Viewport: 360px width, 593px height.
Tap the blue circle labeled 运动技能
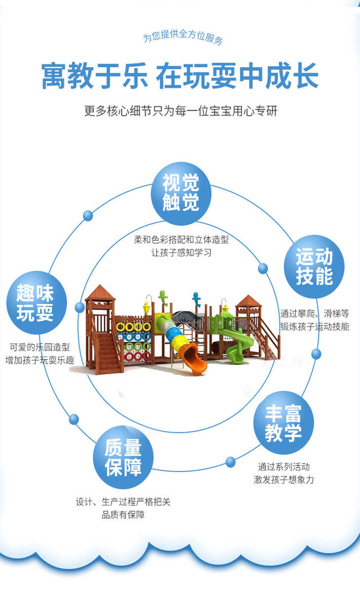pos(314,267)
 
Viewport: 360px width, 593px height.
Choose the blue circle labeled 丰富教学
pos(283,423)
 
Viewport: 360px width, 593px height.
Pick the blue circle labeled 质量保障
pos(123,457)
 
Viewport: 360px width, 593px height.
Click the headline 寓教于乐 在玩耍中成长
pos(180,76)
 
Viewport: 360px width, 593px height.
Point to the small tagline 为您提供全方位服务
pos(183,38)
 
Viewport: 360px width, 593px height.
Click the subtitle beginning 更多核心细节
pos(180,111)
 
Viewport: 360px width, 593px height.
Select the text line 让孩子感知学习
pos(181,253)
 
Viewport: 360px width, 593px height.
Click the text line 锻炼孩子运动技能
pos(315,326)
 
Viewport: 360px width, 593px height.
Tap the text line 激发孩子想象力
pos(283,479)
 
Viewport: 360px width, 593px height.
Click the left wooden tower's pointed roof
pos(100,292)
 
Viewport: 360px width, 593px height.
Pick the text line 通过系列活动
pos(283,466)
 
